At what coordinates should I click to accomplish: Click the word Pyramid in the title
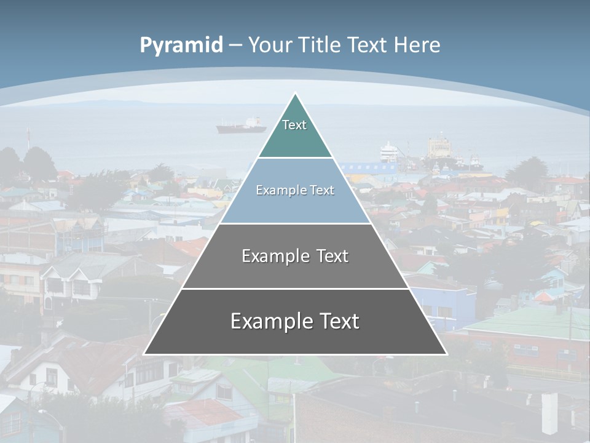[x=181, y=46]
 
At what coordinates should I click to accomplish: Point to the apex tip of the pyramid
[x=296, y=94]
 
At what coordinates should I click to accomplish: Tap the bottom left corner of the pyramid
[x=145, y=353]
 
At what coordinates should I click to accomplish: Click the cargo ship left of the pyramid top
[x=241, y=126]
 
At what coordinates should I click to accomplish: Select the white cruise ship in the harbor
[x=388, y=151]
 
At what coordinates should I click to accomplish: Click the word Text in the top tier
[x=294, y=125]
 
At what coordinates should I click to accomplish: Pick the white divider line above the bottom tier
[x=295, y=289]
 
